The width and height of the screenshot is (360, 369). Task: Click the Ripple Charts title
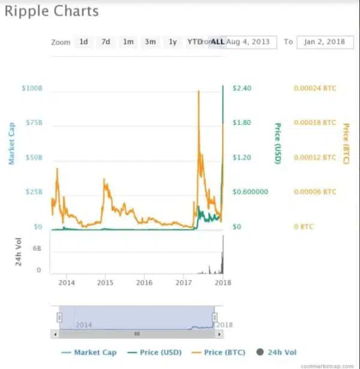click(52, 11)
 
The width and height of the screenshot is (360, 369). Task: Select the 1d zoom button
click(84, 42)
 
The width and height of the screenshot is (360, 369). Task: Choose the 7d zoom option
click(106, 42)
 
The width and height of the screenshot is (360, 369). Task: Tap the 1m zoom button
click(128, 42)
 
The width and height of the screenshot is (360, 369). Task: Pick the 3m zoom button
click(150, 42)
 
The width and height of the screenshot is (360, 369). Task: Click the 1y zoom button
click(173, 42)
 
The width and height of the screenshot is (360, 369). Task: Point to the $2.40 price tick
click(242, 88)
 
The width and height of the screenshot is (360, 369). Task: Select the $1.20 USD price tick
click(242, 157)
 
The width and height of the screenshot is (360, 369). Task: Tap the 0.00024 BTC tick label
click(314, 88)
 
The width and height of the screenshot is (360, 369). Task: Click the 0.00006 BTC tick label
click(314, 192)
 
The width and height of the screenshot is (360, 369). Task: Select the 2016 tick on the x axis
click(144, 282)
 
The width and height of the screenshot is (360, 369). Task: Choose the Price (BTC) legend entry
click(224, 352)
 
